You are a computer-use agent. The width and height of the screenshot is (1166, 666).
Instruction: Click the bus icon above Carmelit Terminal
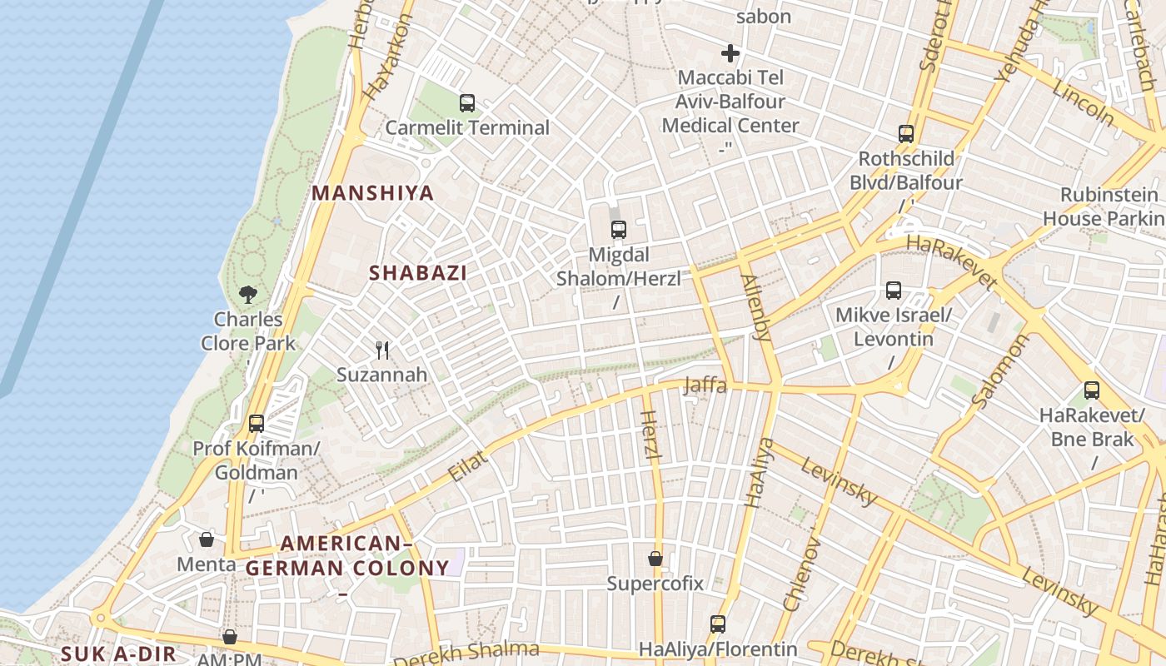[x=467, y=103]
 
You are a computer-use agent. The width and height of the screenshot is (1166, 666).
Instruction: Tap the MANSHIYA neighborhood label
[x=373, y=193]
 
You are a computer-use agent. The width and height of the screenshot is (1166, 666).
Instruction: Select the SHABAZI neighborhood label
[x=418, y=272]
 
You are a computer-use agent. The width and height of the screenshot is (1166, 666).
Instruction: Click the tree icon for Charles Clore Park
[x=247, y=294]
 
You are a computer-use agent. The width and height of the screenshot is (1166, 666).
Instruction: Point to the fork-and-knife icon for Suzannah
[x=382, y=350]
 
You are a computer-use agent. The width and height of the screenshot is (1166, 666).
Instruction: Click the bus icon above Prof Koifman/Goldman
[x=257, y=423]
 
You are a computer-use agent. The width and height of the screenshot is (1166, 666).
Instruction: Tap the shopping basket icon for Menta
[x=207, y=539]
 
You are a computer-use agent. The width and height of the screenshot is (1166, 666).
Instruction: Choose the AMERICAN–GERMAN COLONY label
[x=347, y=556]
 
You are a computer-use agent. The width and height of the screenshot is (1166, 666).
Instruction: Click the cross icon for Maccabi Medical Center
[x=730, y=54]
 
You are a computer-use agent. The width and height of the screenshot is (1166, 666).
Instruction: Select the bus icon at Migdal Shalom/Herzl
[x=618, y=230]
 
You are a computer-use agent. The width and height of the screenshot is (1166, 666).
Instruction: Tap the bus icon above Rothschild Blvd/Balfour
[x=906, y=133]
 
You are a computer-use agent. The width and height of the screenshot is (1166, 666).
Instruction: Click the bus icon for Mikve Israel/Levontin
[x=894, y=291]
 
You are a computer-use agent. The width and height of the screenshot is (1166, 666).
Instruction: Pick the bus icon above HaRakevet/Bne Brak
[x=1092, y=390]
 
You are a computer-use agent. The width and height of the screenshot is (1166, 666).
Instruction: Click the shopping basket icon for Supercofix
[x=655, y=558]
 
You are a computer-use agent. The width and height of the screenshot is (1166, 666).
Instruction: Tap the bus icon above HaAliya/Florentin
[x=718, y=624]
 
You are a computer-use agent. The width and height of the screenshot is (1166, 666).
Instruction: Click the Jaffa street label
[x=705, y=385]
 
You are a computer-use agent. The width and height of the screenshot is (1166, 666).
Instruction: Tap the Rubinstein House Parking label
[x=1104, y=206]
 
